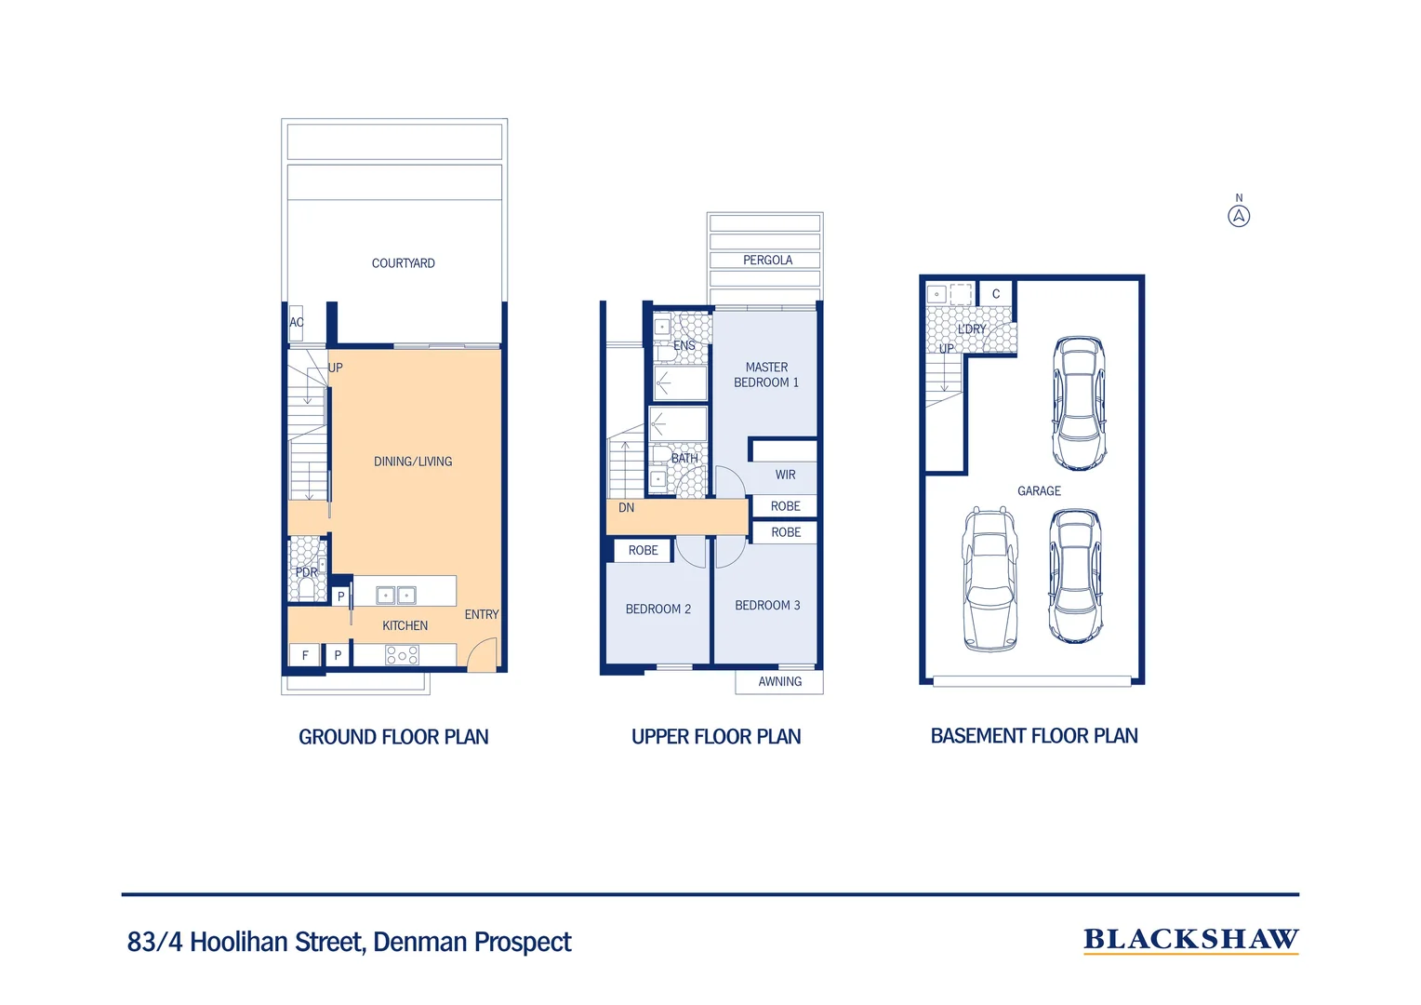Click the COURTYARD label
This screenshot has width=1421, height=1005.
click(x=403, y=262)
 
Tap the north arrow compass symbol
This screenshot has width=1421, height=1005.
click(x=1239, y=217)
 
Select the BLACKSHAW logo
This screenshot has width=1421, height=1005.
click(x=1190, y=940)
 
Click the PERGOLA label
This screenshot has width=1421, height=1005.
click(x=767, y=260)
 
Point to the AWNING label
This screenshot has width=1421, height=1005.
click(x=779, y=681)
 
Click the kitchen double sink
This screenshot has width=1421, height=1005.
click(x=396, y=595)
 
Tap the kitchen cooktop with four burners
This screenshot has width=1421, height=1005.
click(x=402, y=654)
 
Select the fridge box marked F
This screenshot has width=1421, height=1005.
click(x=304, y=654)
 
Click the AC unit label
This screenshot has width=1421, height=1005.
click(x=297, y=322)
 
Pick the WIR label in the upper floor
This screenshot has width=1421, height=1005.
click(x=785, y=475)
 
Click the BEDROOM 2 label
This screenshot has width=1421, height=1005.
click(x=657, y=609)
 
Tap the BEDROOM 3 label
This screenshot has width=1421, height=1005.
click(x=767, y=605)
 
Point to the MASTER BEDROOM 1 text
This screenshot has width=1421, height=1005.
click(x=766, y=375)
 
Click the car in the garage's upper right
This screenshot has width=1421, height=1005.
click(x=1079, y=403)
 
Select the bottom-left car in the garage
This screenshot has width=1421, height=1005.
click(x=989, y=579)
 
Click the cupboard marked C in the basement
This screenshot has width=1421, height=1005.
click(x=996, y=294)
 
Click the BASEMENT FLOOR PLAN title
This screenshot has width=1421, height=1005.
click(x=1034, y=735)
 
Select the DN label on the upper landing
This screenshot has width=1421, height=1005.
click(x=626, y=507)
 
